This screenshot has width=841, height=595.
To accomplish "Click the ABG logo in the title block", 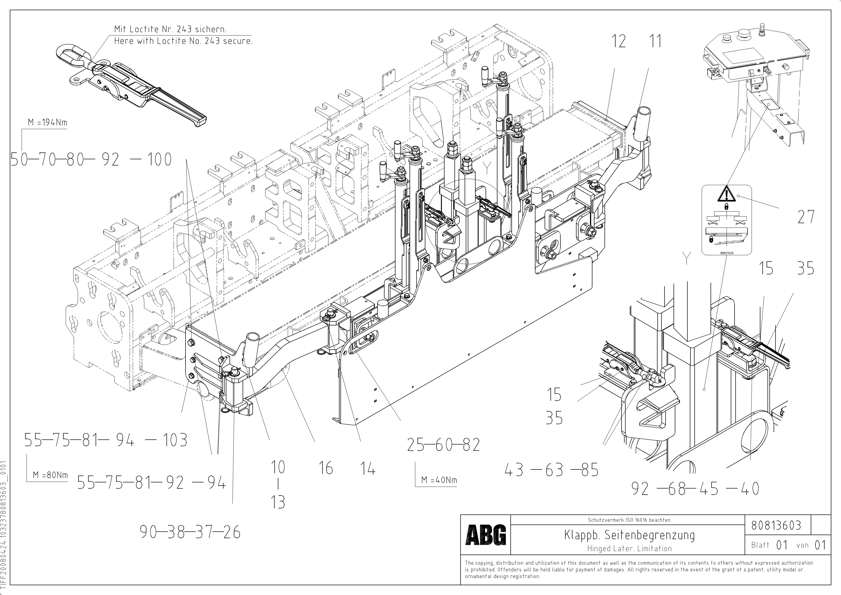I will click(x=485, y=535).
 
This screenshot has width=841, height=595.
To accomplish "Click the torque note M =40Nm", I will click(x=439, y=480).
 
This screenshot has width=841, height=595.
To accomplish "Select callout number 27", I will click(x=806, y=217).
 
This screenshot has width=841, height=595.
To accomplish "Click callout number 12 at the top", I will click(x=619, y=41).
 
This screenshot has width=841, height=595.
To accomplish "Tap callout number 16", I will click(x=326, y=468).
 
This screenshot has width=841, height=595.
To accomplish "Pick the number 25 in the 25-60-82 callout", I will click(x=416, y=445).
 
